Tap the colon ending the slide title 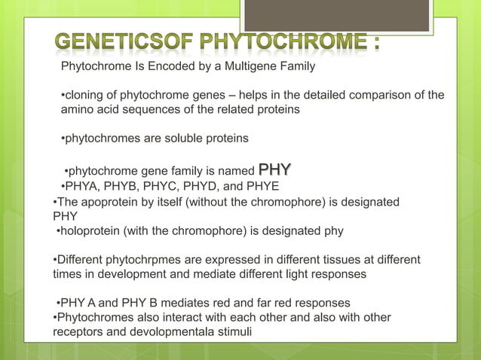tap(375, 44)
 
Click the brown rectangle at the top tap(338, 15)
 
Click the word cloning tap(86, 95)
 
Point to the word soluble tap(180, 139)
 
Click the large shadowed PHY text tap(275, 169)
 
